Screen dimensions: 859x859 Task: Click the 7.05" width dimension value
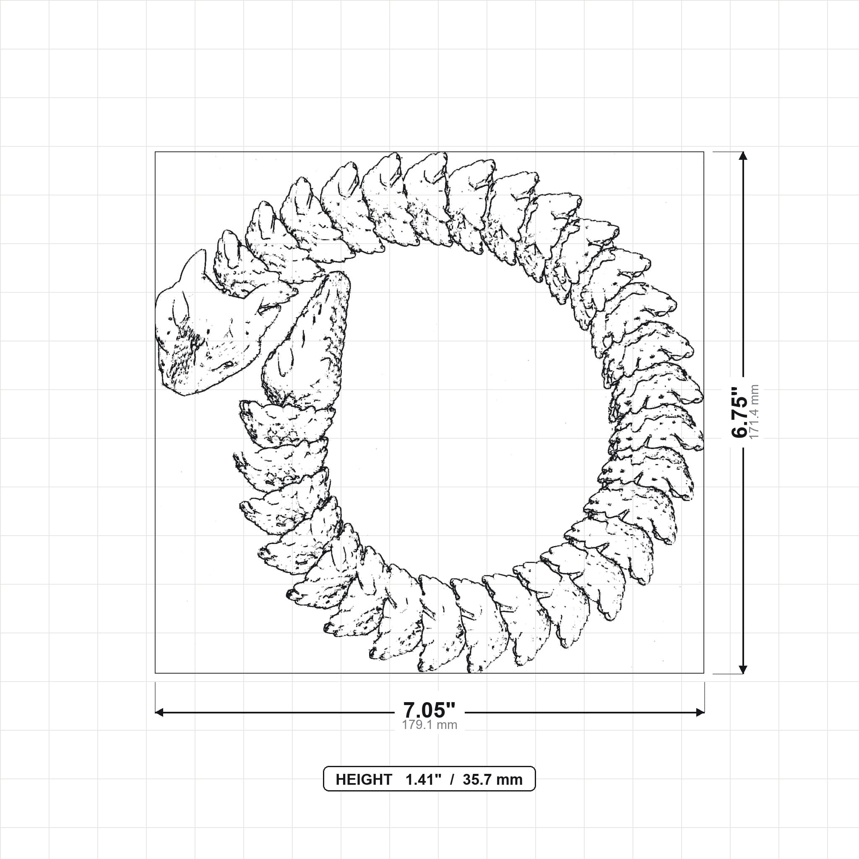click(x=429, y=710)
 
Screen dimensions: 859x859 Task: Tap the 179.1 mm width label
click(x=429, y=725)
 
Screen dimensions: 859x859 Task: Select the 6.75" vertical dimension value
click(x=740, y=412)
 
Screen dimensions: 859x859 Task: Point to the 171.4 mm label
click(x=754, y=412)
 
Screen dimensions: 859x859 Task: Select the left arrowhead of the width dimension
click(x=159, y=713)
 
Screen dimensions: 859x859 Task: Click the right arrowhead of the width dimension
click(x=700, y=713)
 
